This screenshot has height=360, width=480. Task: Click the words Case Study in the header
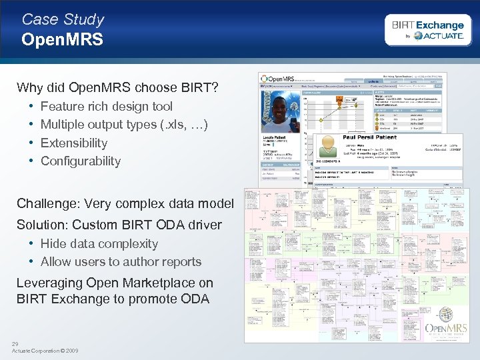point(63,19)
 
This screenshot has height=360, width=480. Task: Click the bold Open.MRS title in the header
point(62,40)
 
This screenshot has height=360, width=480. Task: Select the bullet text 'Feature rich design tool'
point(107,106)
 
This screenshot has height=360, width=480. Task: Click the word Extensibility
point(74,143)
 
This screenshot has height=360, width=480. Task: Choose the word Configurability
point(81,161)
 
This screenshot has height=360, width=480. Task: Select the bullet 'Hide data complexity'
point(99,244)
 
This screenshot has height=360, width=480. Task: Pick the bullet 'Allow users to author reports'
point(121,262)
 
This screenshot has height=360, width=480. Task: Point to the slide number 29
point(15,343)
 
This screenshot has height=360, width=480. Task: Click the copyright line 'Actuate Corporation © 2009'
point(45,351)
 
